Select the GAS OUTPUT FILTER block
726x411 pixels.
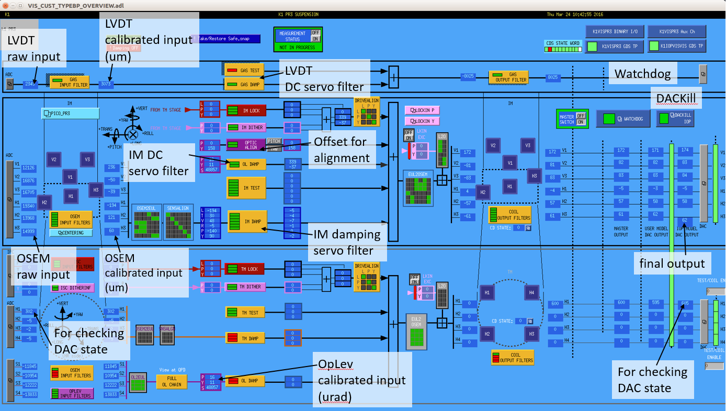click(x=509, y=77)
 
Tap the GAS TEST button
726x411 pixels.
click(x=244, y=70)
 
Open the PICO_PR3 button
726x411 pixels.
click(x=70, y=113)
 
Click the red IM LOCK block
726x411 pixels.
click(x=246, y=110)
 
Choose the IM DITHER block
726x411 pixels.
click(x=246, y=127)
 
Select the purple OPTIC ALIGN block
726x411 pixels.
click(x=246, y=145)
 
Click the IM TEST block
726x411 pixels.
click(x=246, y=188)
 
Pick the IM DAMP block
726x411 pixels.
click(x=246, y=221)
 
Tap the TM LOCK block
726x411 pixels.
click(x=244, y=269)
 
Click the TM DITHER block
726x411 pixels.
click(x=244, y=287)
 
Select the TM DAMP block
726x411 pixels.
click(x=244, y=338)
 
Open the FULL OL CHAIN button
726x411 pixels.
click(x=171, y=381)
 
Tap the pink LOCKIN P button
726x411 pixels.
click(x=422, y=110)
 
